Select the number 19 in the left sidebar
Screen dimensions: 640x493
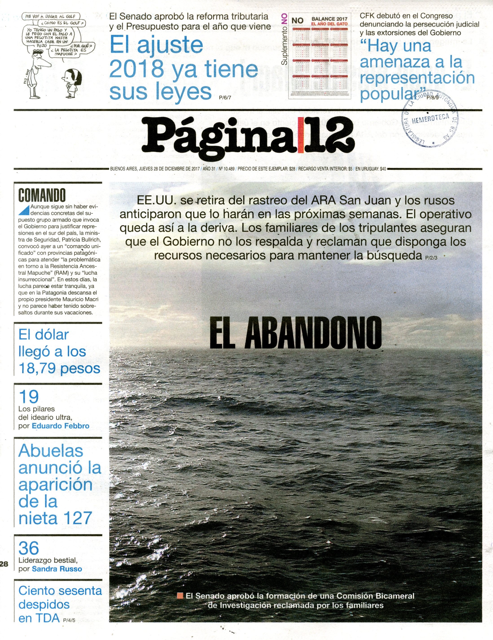coord(28,396)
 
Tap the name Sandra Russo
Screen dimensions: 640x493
coord(57,569)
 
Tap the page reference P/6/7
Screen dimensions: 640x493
coord(225,98)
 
